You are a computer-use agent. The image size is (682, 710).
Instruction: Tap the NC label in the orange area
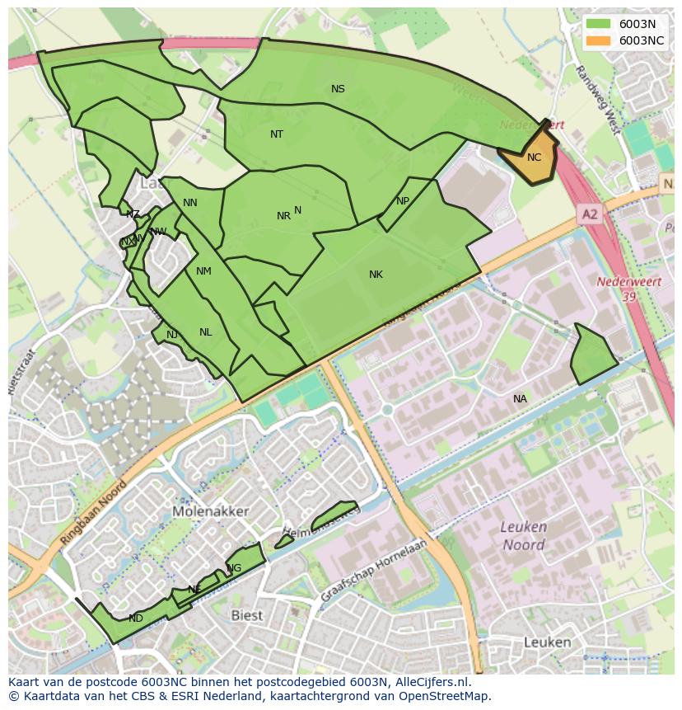(534, 158)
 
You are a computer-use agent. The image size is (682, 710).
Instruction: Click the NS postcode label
(338, 89)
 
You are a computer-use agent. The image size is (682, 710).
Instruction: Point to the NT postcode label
(277, 134)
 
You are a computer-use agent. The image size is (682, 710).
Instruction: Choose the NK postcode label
(376, 275)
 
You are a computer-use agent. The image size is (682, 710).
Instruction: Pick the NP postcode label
(403, 201)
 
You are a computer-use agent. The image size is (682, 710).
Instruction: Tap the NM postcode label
(203, 271)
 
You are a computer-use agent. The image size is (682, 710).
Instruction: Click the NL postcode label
(205, 332)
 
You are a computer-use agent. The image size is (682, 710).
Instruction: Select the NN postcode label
(190, 203)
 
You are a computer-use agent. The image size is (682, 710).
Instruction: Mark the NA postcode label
(520, 399)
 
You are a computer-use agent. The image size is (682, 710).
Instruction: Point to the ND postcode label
(136, 618)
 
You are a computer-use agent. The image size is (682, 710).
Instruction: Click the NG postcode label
(235, 568)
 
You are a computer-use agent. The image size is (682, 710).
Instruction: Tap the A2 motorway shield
(589, 214)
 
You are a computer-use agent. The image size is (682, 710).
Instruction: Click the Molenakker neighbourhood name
(211, 511)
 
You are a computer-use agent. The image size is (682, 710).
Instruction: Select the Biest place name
(246, 615)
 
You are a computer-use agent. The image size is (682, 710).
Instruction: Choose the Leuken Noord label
(523, 536)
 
